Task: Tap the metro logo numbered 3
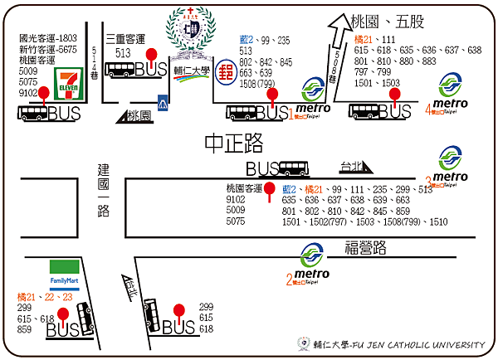[452, 163]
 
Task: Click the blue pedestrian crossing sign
[164, 103]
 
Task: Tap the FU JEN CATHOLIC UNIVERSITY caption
[393, 343]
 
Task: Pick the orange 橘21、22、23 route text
[45, 296]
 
